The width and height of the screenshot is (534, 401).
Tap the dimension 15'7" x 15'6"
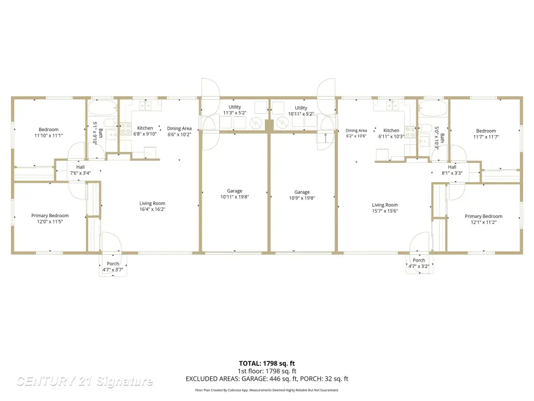click(385, 211)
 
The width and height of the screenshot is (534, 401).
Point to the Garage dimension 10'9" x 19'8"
click(302, 198)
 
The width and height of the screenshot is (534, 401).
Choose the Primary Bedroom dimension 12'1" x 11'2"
click(483, 222)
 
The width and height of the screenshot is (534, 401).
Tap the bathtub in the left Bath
click(103, 108)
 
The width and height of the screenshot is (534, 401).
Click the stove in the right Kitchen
click(410, 132)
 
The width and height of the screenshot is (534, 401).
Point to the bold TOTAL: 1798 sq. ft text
click(267, 363)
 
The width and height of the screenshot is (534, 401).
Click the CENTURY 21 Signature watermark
click(85, 381)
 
